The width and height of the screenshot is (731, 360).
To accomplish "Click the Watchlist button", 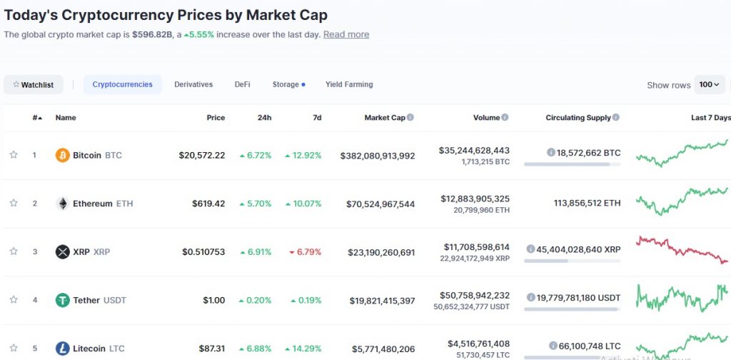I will [x=34, y=85].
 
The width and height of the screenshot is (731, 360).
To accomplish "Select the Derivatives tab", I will [x=193, y=84].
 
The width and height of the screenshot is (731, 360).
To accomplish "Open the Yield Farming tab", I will [x=349, y=84].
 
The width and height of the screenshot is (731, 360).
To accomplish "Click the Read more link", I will [x=346, y=34].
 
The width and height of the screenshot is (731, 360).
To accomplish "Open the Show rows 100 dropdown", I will [x=710, y=84].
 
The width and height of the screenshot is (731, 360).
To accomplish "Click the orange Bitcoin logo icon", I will [x=63, y=155].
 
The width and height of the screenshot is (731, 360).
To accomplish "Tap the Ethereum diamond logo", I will [x=63, y=204].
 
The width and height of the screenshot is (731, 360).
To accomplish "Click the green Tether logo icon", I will [x=63, y=300].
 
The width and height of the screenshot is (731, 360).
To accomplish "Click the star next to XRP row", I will [x=14, y=251].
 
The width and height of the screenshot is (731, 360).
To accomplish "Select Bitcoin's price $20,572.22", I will [x=202, y=155].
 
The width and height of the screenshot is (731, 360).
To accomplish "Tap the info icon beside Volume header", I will [x=505, y=117].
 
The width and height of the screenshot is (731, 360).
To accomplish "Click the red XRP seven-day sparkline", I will [x=682, y=249].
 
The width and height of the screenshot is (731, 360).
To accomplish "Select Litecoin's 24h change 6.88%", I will [x=256, y=349].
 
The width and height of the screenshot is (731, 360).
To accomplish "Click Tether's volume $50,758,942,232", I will [x=474, y=295].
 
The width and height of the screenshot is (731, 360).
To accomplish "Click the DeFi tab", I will [x=243, y=84].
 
